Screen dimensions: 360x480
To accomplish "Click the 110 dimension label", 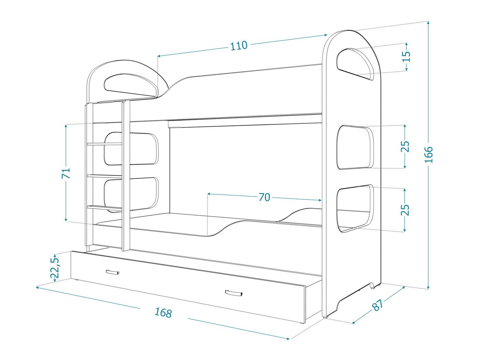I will click(x=239, y=45).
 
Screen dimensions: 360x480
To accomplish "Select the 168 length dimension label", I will click(x=163, y=313).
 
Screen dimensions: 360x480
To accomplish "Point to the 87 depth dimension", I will click(x=378, y=305).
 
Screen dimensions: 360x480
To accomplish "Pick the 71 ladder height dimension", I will click(x=66, y=173).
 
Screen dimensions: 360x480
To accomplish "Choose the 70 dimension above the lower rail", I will click(x=264, y=197).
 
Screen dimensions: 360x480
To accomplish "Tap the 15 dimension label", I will click(x=407, y=56).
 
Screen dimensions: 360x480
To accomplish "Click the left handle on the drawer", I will click(x=113, y=272).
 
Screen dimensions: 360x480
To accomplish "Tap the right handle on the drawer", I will click(x=234, y=293).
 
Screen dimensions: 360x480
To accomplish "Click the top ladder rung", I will click(x=104, y=144).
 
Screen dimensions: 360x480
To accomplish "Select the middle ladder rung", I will click(x=104, y=176).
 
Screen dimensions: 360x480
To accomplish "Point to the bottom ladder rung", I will click(x=104, y=207).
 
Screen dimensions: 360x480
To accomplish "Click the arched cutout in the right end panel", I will click(x=355, y=63).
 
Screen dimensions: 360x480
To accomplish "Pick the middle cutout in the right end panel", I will click(x=355, y=147).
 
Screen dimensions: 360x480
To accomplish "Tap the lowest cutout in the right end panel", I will click(x=355, y=208).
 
